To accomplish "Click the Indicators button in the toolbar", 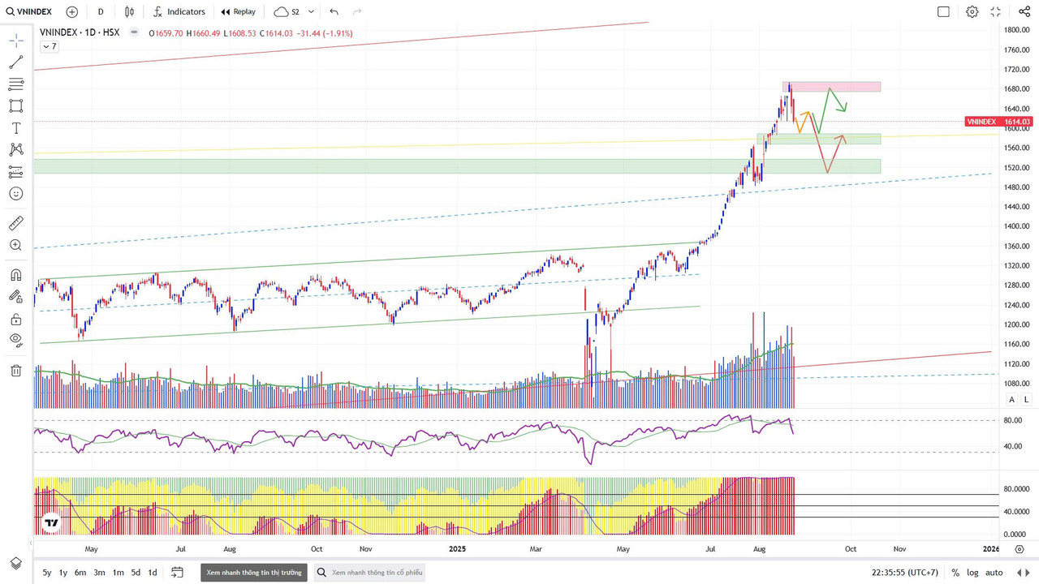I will pyautogui.click(x=179, y=12).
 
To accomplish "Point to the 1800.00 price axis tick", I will pyautogui.click(x=1017, y=30).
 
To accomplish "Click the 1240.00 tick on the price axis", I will pyautogui.click(x=1017, y=305).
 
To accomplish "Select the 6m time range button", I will pyautogui.click(x=80, y=573).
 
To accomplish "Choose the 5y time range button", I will pyautogui.click(x=47, y=573).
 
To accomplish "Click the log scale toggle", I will pyautogui.click(x=972, y=573).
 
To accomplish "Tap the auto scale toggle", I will pyautogui.click(x=994, y=573).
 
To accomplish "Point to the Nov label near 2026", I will pyautogui.click(x=900, y=549).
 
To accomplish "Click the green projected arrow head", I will pyautogui.click(x=845, y=109).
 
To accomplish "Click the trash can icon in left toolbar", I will pyautogui.click(x=16, y=371).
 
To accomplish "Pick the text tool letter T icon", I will pyautogui.click(x=16, y=128).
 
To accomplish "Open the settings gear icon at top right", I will pyautogui.click(x=972, y=12).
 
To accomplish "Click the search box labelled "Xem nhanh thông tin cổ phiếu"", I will pyautogui.click(x=369, y=573).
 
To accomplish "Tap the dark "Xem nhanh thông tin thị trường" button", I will pyautogui.click(x=254, y=573).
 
